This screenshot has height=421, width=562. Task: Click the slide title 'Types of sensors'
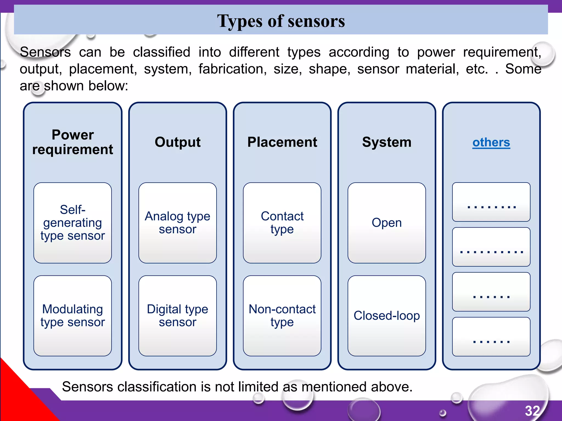(281, 21)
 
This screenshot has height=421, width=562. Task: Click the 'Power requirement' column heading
(73, 142)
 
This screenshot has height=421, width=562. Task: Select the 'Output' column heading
(178, 142)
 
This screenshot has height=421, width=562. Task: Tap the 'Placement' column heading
(282, 142)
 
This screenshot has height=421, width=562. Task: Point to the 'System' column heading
(387, 142)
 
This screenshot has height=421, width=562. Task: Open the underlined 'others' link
(491, 143)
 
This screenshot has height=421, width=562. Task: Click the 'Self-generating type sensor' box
(73, 223)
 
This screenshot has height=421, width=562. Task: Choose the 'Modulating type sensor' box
(73, 315)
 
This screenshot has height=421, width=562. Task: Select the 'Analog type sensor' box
(178, 223)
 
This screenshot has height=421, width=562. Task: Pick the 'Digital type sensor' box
(178, 315)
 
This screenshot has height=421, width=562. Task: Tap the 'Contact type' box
(282, 223)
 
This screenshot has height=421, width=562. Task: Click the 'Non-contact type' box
(282, 315)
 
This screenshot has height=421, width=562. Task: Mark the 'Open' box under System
(387, 223)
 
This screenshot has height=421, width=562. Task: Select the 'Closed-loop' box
(387, 315)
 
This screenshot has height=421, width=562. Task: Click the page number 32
(532, 411)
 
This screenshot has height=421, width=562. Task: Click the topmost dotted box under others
(491, 202)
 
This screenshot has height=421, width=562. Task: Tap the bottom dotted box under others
(491, 337)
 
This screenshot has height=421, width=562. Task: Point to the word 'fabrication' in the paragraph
(232, 69)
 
